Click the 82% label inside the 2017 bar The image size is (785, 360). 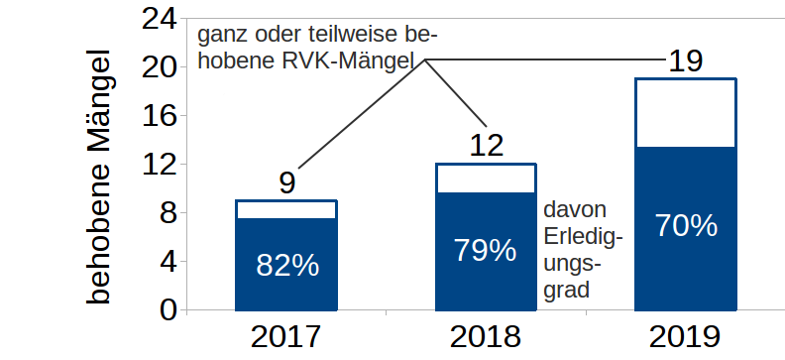click(x=287, y=265)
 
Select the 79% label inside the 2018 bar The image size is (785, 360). click(x=486, y=250)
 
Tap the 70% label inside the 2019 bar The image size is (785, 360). click(x=686, y=226)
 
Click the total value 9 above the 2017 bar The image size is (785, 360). click(x=286, y=183)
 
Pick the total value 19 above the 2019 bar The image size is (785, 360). click(x=686, y=61)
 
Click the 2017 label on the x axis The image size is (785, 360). click(x=286, y=337)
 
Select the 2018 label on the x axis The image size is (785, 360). click(x=486, y=337)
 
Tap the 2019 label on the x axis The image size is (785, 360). click(x=686, y=337)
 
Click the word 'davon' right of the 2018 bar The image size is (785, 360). click(x=576, y=211)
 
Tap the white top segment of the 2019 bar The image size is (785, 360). click(x=686, y=112)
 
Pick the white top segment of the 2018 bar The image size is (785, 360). click(x=486, y=179)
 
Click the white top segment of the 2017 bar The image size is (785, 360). click(x=286, y=209)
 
